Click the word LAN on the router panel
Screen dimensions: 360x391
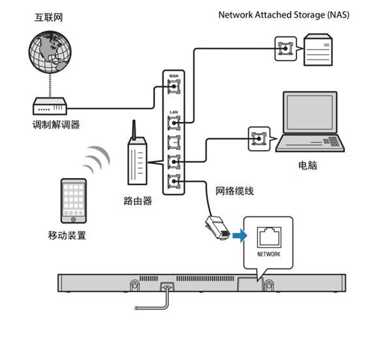pyautogui.click(x=173, y=112)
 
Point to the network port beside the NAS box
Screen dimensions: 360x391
pyautogui.click(x=284, y=48)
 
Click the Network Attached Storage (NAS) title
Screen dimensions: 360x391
pyautogui.click(x=283, y=14)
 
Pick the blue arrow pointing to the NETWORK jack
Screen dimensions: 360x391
pyautogui.click(x=240, y=236)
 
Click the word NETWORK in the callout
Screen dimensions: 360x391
pyautogui.click(x=268, y=254)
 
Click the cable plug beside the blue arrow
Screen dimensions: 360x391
pyautogui.click(x=216, y=228)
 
